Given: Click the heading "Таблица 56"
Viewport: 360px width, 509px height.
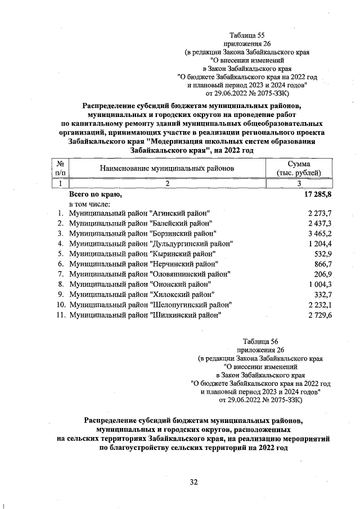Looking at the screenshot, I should [260, 341].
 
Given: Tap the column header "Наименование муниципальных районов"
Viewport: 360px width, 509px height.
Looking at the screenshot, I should [166, 168].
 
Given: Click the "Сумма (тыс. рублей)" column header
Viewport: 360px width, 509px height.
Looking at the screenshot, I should [299, 168].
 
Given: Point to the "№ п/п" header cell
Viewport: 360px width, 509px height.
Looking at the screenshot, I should [60, 168].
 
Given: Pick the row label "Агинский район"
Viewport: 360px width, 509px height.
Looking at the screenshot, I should [139, 213].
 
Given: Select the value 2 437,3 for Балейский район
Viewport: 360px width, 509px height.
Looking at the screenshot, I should [320, 223].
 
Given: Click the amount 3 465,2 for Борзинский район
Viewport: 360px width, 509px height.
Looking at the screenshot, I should [320, 233].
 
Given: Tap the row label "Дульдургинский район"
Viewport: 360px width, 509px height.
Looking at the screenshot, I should [151, 244].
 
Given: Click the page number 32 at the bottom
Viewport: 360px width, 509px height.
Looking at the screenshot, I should [195, 482].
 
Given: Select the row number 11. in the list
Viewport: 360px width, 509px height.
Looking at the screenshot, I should [60, 315].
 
